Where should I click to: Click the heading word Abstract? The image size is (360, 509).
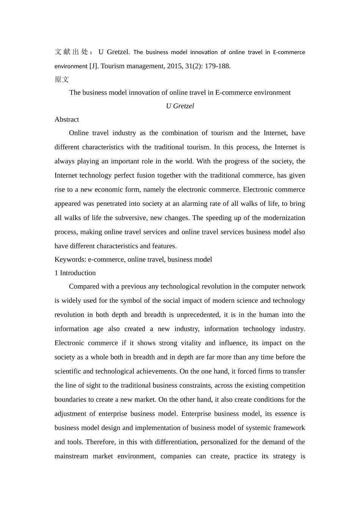tap(67, 120)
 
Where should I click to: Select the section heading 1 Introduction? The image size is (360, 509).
tap(75, 273)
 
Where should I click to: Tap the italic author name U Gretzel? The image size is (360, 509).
tap(180, 106)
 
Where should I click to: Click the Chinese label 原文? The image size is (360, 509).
tap(62, 80)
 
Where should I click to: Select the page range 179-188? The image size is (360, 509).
tap(218, 66)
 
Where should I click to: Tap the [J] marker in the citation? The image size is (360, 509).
tap(94, 66)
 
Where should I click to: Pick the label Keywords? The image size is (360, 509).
tap(70, 260)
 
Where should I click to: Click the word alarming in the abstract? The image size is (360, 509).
tap(194, 204)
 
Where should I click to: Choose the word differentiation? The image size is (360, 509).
tap(175, 442)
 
